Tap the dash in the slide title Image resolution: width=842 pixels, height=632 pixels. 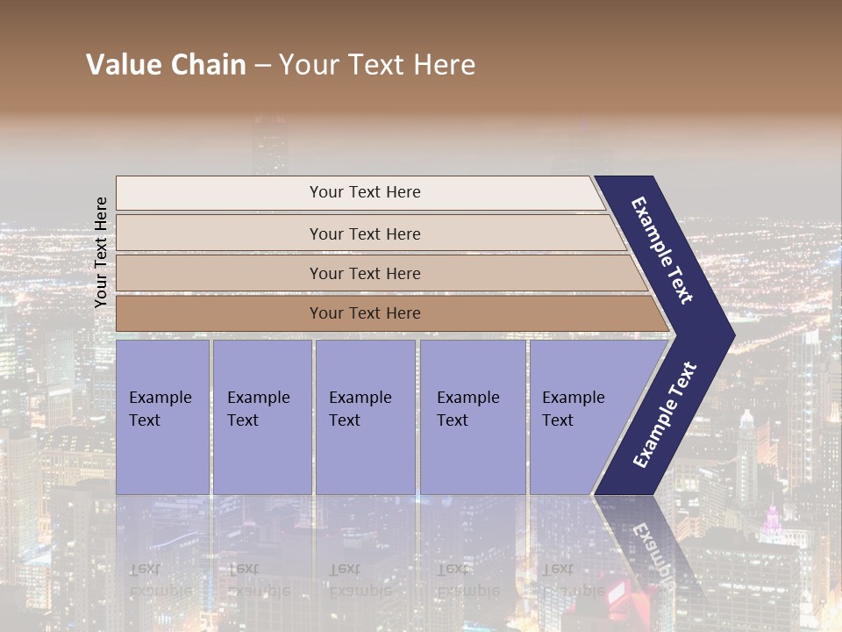[x=262, y=66]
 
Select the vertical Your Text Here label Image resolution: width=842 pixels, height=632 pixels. [x=101, y=252]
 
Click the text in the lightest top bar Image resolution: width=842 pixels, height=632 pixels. [x=365, y=192]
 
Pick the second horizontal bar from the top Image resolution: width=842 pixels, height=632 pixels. [x=365, y=233]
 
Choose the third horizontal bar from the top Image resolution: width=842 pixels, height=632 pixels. [x=365, y=274]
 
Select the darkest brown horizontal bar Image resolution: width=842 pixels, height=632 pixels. [x=365, y=313]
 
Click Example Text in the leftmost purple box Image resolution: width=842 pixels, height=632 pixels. [x=160, y=408]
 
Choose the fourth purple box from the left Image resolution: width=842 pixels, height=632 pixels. [x=473, y=416]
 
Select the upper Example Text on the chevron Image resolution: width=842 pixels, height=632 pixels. [x=662, y=250]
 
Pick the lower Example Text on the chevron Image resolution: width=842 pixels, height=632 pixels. [x=665, y=414]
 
